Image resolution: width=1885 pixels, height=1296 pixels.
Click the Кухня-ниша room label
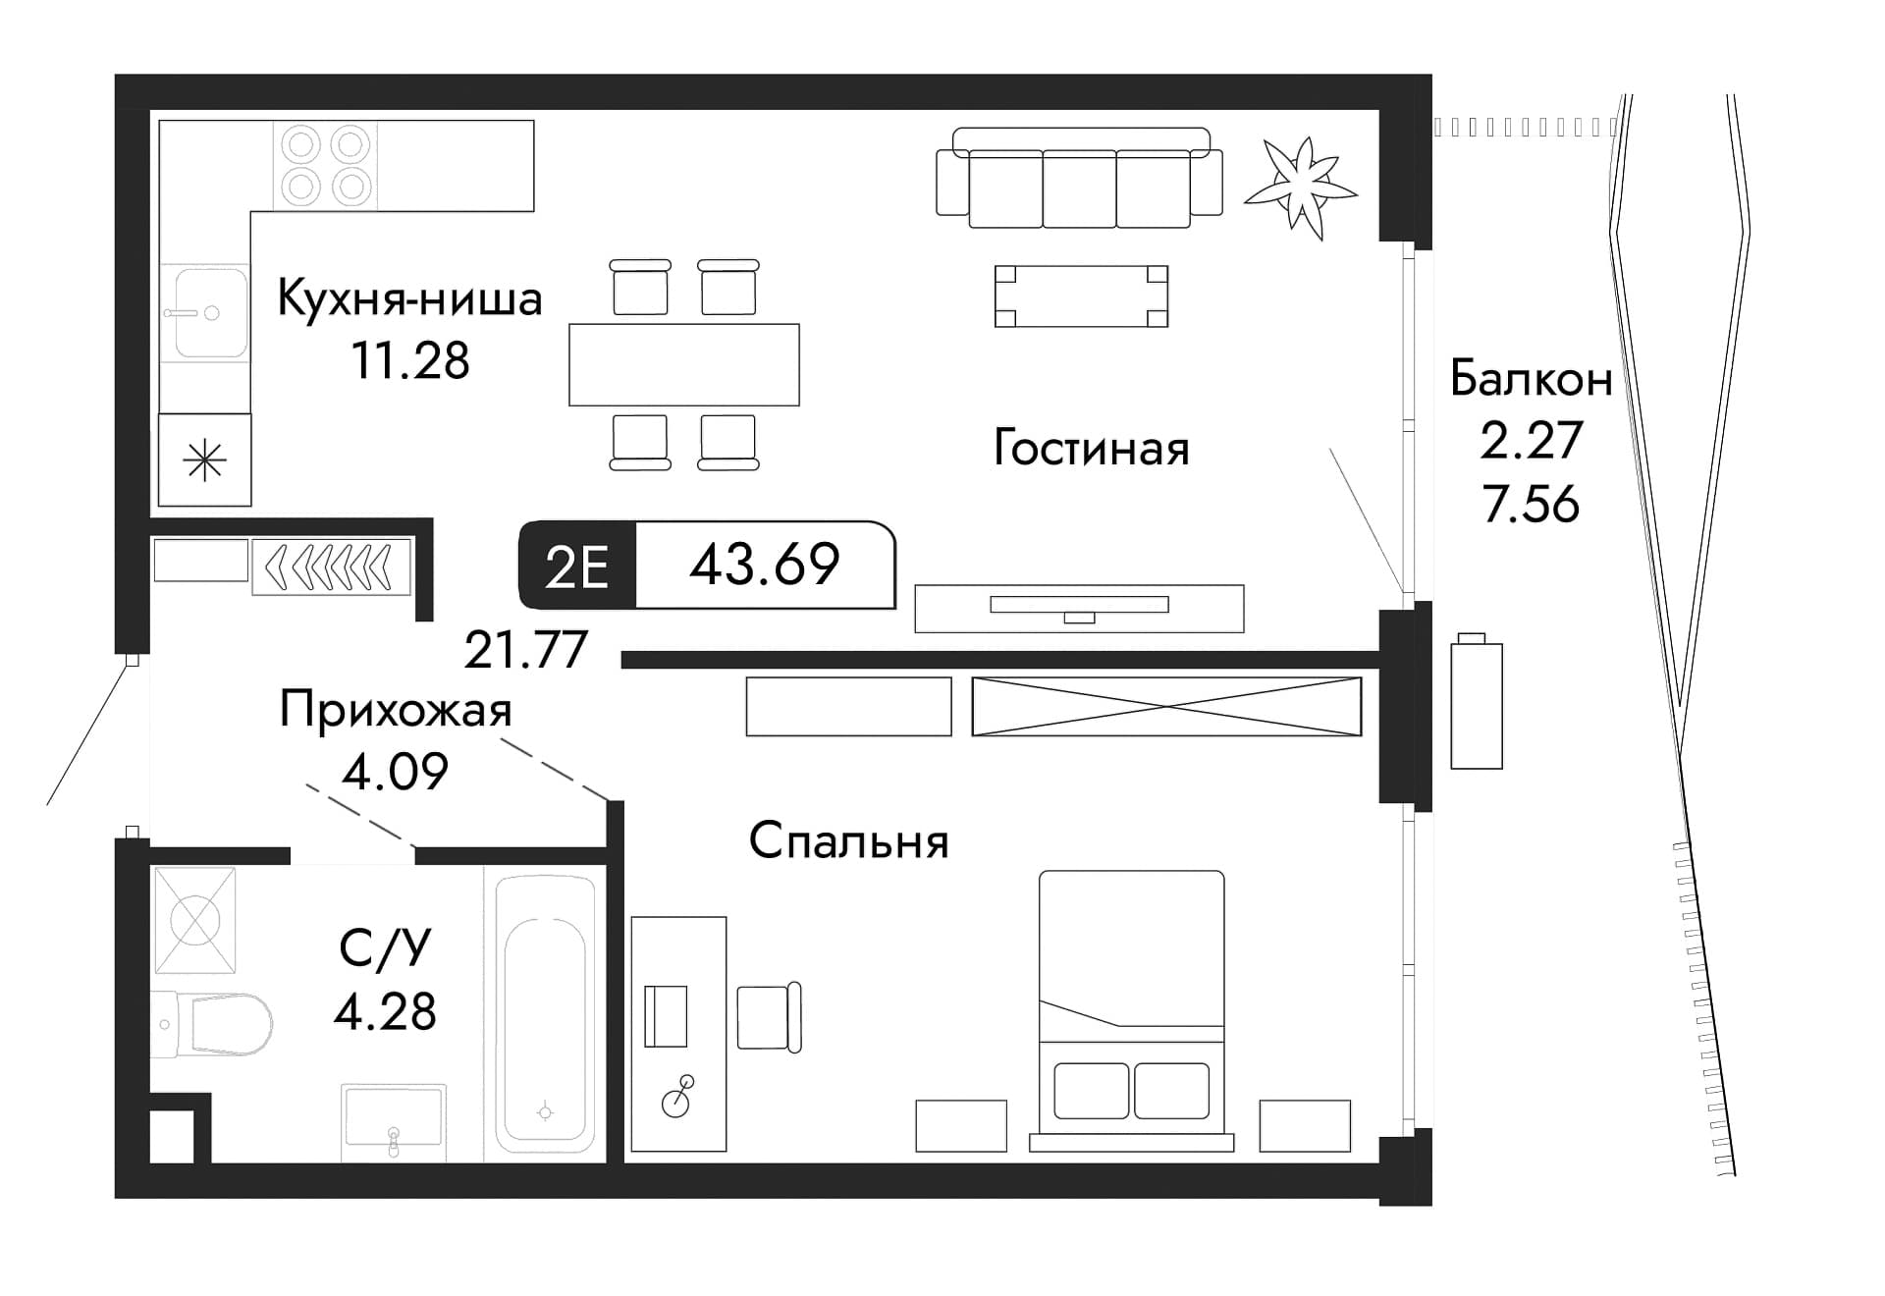click(409, 298)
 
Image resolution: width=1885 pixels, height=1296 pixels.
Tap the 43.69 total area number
click(764, 565)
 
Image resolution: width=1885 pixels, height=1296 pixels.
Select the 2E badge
click(577, 567)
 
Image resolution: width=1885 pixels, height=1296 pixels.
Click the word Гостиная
click(1091, 449)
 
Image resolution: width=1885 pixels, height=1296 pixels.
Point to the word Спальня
click(848, 841)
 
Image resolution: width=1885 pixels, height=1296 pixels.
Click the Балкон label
click(1531, 379)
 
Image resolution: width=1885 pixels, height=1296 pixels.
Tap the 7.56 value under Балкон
click(1531, 505)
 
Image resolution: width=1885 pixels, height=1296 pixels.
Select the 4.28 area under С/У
click(385, 1011)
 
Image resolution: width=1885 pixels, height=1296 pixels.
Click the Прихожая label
click(396, 710)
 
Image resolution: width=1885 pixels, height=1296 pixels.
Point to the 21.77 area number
click(525, 649)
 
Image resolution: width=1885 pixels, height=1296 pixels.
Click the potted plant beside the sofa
click(1302, 185)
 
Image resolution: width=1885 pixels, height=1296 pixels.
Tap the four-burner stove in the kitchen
click(326, 165)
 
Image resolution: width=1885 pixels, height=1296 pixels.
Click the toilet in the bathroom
click(221, 1024)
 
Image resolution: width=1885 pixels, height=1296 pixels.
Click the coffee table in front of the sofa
click(1081, 296)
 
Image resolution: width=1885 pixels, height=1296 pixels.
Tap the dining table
click(683, 364)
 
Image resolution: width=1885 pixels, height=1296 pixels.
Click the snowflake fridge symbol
click(205, 459)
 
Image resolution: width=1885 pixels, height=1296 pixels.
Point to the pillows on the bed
click(1130, 1090)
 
